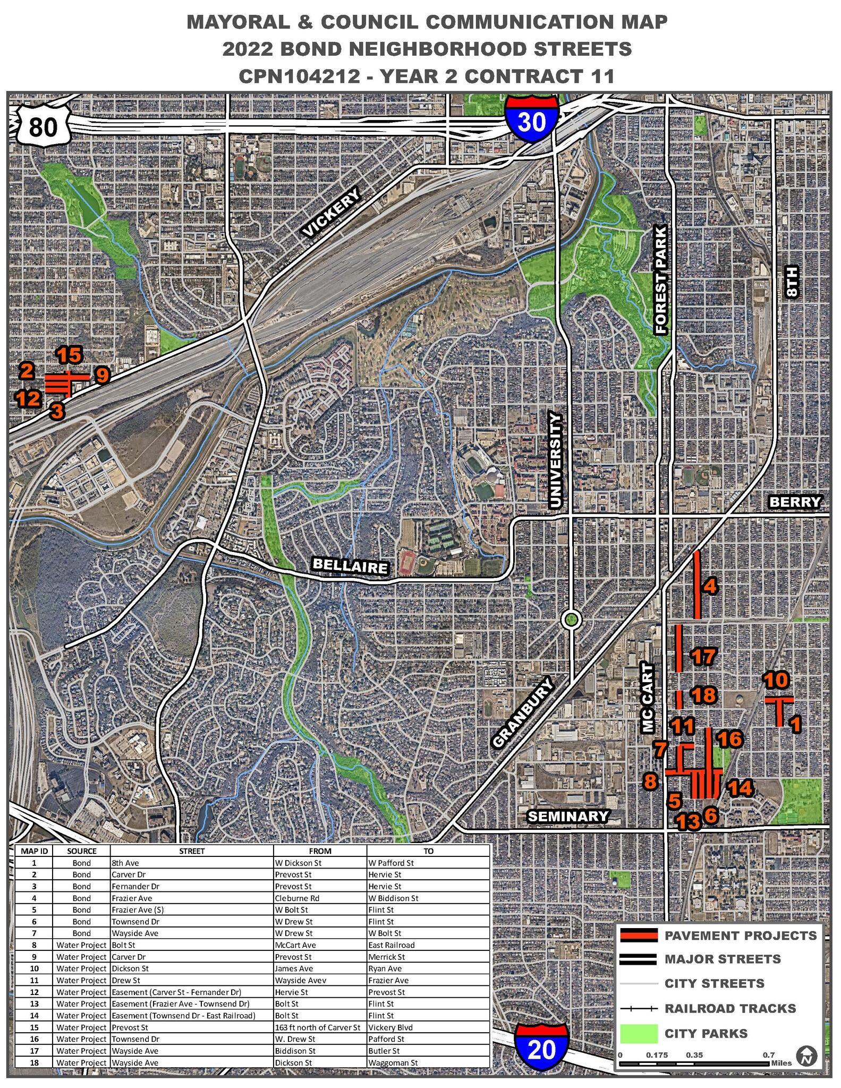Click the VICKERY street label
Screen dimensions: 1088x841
331,214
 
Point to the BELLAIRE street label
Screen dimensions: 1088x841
351,566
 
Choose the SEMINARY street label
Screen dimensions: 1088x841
567,815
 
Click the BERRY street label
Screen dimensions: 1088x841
795,501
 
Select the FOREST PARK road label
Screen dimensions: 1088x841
660,280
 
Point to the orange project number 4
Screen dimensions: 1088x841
710,586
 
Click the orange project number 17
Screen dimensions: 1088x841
703,657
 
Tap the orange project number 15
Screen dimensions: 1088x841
70,354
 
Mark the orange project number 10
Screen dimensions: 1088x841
776,679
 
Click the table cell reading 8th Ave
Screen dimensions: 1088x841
125,863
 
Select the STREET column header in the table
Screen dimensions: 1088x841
192,851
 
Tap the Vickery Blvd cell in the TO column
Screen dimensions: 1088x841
387,1027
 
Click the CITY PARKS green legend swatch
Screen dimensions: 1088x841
639,1033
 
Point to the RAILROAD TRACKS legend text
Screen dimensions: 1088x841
730,1008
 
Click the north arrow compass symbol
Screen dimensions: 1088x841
808,1055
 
